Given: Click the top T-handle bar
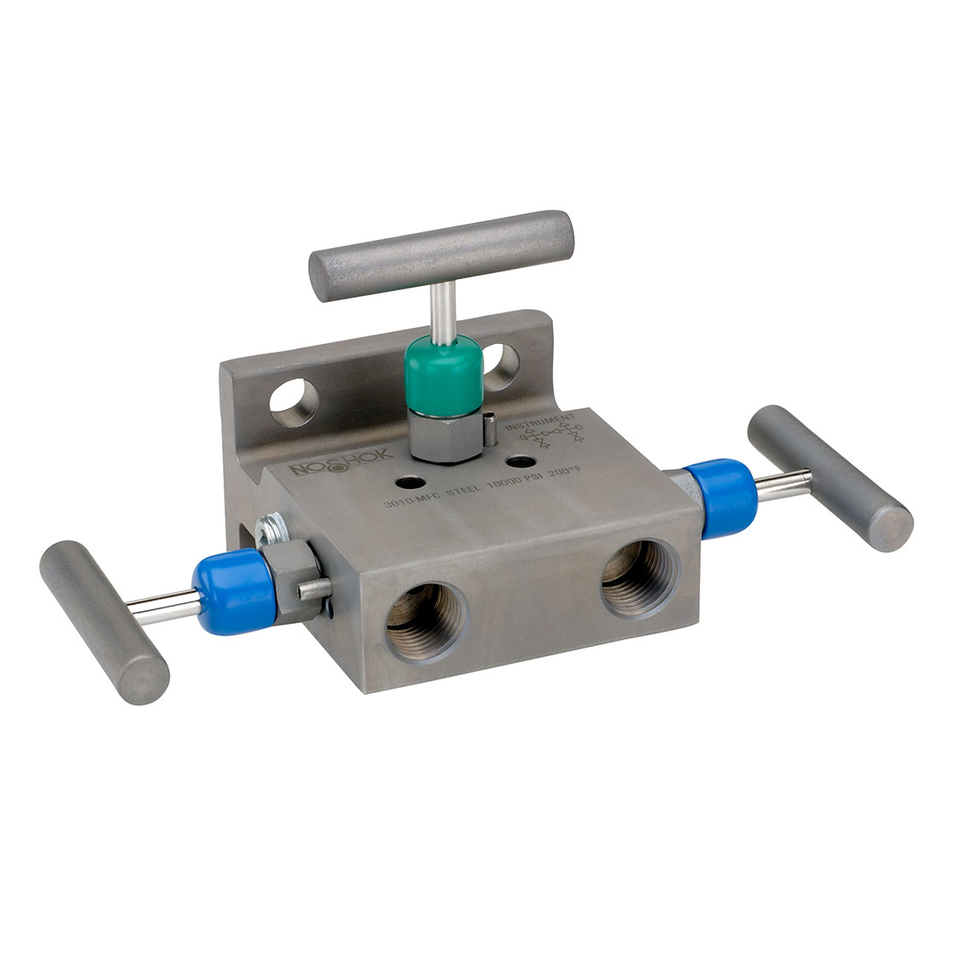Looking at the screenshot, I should point(441,255).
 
